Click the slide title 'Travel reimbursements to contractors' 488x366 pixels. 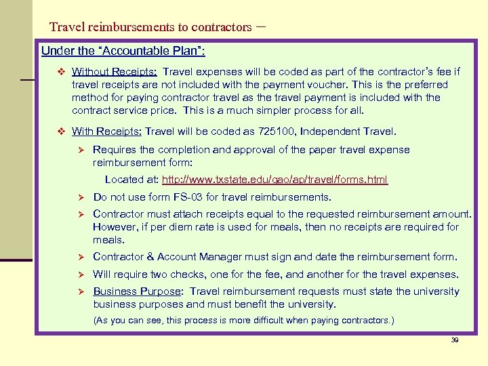point(150,27)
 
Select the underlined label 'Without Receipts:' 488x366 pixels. point(115,71)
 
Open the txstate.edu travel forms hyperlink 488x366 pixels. point(274,180)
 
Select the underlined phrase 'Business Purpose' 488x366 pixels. point(137,291)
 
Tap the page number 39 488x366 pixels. point(455,340)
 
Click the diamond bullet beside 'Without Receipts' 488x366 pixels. point(60,71)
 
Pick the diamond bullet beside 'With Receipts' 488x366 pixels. point(60,131)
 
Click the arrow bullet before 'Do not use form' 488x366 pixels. point(79,198)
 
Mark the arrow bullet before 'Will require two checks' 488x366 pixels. point(79,275)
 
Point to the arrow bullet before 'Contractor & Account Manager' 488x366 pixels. point(79,257)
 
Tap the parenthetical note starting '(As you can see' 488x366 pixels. point(243,320)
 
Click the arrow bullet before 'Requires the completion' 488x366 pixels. point(79,150)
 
